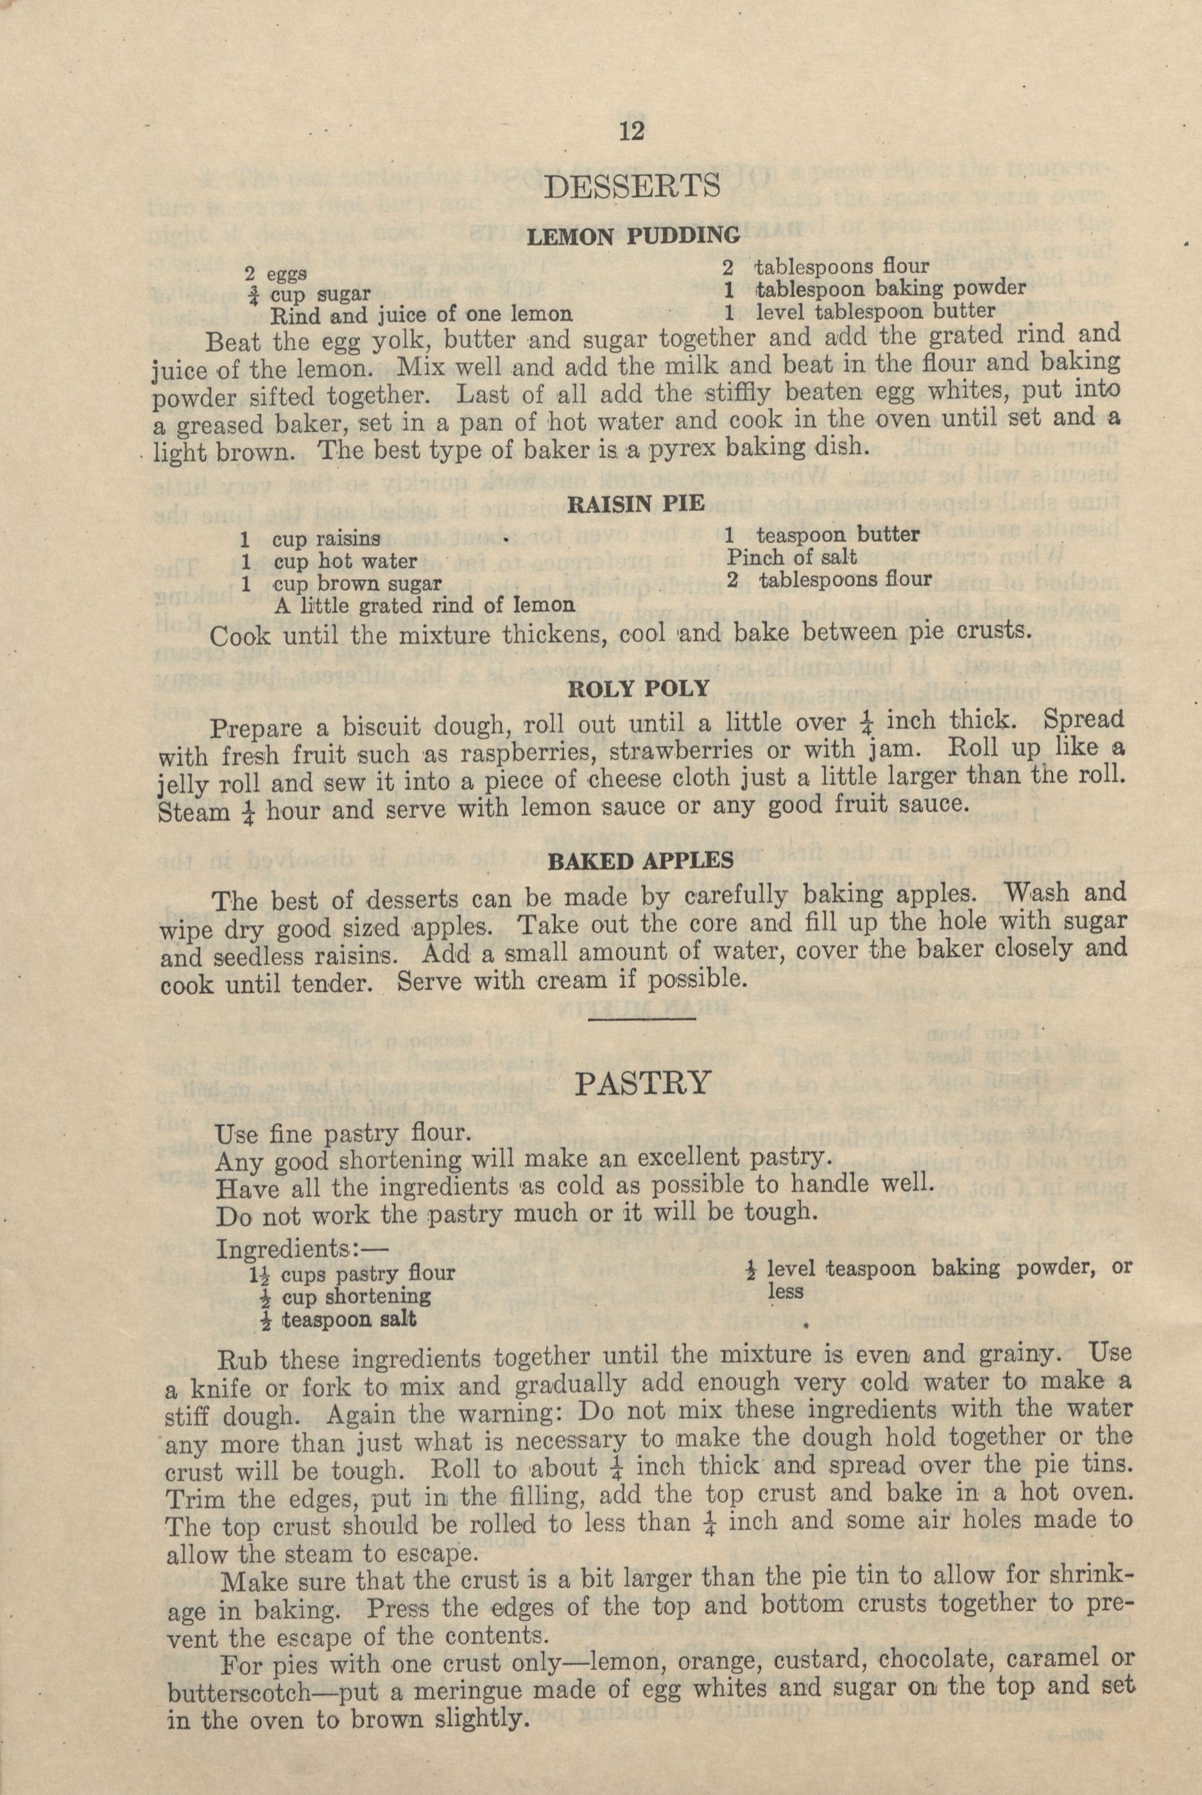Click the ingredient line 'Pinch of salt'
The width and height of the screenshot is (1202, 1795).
[792, 557]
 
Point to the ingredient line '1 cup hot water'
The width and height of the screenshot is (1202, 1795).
[330, 562]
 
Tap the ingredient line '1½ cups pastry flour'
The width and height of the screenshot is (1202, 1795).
[351, 1274]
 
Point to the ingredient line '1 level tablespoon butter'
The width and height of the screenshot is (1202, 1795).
[859, 311]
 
